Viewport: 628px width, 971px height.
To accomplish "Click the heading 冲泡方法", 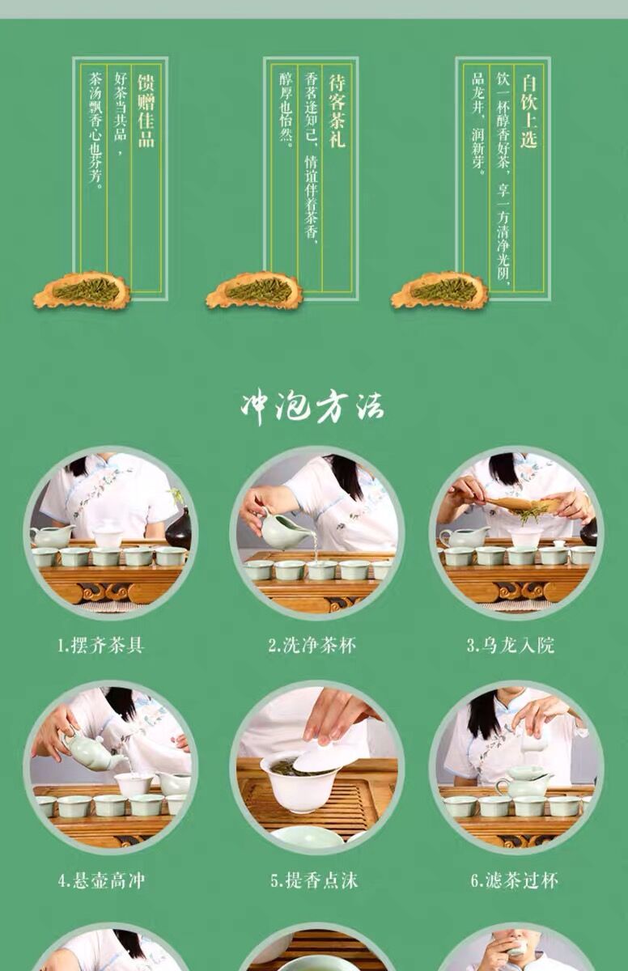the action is tap(312, 409).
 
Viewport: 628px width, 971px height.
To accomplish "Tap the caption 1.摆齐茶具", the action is tap(100, 646).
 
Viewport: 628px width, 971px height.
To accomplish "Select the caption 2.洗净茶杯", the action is tap(312, 646).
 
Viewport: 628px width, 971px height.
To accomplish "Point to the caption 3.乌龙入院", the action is tap(511, 646).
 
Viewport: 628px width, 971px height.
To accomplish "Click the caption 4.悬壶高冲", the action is tap(101, 880).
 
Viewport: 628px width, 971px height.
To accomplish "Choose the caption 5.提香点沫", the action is tap(314, 880).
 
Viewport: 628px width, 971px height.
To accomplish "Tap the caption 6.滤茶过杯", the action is tap(514, 880).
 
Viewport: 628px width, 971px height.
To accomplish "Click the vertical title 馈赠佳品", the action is tap(146, 111).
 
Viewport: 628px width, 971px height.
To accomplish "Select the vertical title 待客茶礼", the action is tap(337, 111).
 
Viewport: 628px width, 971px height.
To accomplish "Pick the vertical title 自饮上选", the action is tap(528, 111).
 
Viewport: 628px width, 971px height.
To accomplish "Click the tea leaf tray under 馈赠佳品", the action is tap(82, 290).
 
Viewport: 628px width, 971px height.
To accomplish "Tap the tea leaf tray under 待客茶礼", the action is tap(254, 290).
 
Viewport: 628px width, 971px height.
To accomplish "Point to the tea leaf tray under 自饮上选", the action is tap(439, 290).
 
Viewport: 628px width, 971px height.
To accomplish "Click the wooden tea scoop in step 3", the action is tap(524, 504).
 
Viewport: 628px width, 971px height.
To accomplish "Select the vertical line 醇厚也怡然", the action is tap(286, 110).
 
